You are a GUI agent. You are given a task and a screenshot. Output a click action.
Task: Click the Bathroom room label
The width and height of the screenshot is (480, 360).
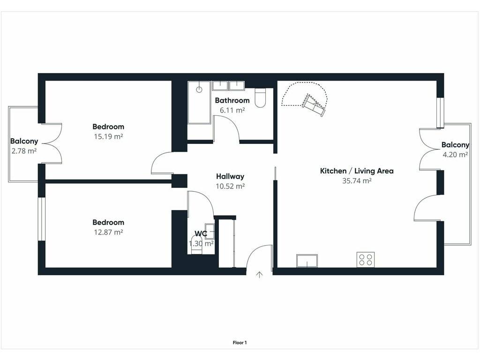tap(232, 100)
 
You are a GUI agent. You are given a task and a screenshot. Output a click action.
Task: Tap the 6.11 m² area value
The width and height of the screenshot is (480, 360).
tap(232, 110)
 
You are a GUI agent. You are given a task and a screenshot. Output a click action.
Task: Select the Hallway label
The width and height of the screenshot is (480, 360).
tap(230, 176)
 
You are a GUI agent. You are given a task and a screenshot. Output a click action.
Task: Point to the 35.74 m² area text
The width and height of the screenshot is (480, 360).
tap(357, 180)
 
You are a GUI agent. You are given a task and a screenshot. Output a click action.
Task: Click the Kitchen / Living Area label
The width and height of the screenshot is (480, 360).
tap(357, 171)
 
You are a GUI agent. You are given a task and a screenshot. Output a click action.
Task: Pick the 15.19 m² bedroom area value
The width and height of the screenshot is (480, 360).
tap(108, 136)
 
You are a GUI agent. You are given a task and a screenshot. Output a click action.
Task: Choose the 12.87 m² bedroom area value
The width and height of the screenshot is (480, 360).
tap(108, 232)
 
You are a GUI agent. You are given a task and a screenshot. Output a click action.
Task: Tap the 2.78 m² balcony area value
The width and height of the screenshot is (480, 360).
tap(24, 151)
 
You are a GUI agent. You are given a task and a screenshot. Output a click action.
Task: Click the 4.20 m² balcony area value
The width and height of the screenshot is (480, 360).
tap(455, 155)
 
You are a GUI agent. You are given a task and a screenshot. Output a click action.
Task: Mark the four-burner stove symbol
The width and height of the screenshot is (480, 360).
tap(366, 260)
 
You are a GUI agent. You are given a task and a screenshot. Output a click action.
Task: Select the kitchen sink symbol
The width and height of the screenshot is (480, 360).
tap(307, 261)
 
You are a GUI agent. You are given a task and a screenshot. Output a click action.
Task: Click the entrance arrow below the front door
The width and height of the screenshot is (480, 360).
tap(259, 275)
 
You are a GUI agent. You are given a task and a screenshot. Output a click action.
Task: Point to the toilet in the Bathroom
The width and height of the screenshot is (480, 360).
tap(260, 98)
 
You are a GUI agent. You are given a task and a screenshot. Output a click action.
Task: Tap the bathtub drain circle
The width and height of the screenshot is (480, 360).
tap(199, 90)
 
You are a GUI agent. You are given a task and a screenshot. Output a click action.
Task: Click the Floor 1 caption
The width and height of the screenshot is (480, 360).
tap(240, 343)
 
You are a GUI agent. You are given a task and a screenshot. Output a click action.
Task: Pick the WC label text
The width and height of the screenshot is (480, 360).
tap(201, 233)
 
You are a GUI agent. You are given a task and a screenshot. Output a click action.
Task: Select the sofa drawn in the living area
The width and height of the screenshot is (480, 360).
tap(314, 105)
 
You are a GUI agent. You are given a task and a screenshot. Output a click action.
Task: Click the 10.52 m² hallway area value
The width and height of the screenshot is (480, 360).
tap(230, 186)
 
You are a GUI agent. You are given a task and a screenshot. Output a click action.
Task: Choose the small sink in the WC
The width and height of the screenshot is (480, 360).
tap(210, 231)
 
